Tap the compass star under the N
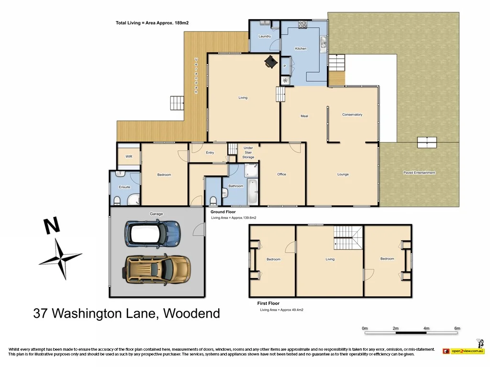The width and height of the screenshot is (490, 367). (61, 259)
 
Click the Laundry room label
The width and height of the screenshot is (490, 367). (265, 36)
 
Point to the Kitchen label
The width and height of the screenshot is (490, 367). (301, 49)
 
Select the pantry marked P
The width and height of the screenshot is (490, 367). (285, 66)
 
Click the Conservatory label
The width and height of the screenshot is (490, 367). (352, 115)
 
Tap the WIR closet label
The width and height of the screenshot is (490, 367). (129, 156)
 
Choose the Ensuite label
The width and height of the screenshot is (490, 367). (124, 187)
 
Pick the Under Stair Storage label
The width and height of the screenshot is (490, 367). (248, 152)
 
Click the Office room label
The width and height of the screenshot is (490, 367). (282, 174)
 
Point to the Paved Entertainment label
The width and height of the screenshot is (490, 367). (419, 173)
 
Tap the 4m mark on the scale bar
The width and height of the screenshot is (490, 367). (426, 328)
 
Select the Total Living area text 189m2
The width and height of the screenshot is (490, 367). (156, 22)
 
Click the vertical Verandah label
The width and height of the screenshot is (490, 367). (196, 76)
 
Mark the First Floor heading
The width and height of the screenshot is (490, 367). (268, 303)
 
